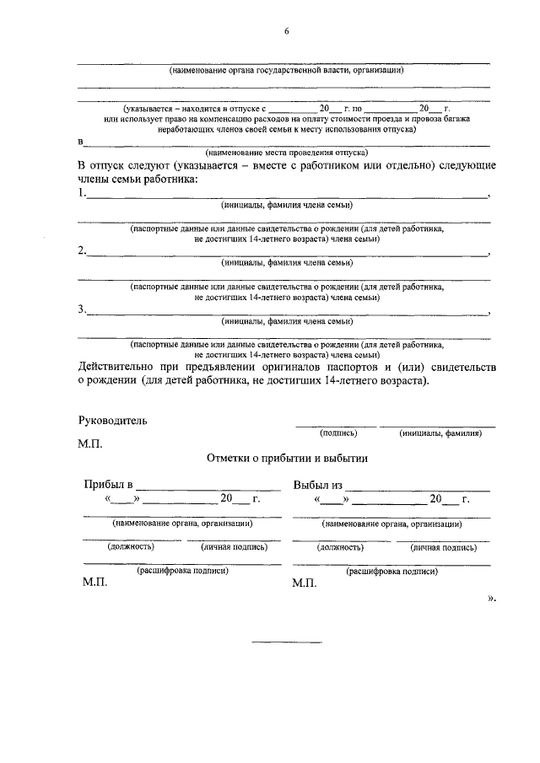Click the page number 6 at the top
[286, 31]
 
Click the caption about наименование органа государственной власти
[285, 70]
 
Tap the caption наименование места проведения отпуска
[285, 153]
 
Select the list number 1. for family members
[82, 193]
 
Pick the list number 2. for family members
[82, 250]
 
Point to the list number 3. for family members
[82, 309]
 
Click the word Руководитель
[112, 420]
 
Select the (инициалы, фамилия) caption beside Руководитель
[440, 433]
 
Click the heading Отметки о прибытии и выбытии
[286, 459]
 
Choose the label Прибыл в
[108, 485]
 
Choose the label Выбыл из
[317, 485]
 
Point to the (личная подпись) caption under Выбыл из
[444, 546]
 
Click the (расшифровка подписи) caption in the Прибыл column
[182, 570]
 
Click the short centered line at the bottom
[287, 643]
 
